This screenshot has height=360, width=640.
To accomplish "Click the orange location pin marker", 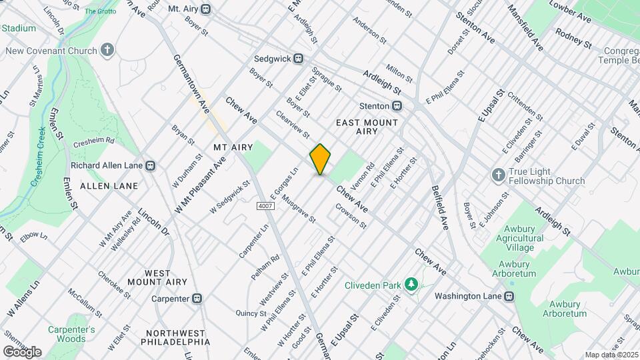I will [320, 159].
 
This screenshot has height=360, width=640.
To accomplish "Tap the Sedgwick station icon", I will [299, 59].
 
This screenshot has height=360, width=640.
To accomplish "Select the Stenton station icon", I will [397, 105].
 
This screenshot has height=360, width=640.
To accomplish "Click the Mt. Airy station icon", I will [206, 9].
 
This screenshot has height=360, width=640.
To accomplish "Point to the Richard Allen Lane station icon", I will [151, 165].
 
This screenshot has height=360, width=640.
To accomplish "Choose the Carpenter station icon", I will [197, 299].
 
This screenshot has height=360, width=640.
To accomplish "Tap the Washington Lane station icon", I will [509, 296].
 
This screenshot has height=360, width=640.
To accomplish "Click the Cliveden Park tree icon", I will [411, 285].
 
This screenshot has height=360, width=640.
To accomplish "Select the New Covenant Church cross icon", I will [107, 51].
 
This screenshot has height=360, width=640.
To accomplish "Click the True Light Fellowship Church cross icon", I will [497, 175].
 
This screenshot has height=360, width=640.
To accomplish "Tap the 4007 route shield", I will [265, 206].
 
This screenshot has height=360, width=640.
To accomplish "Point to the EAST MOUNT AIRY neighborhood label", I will [367, 127].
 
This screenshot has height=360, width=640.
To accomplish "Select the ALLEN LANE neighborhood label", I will [109, 186].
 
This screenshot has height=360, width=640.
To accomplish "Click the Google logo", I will [22, 352].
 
